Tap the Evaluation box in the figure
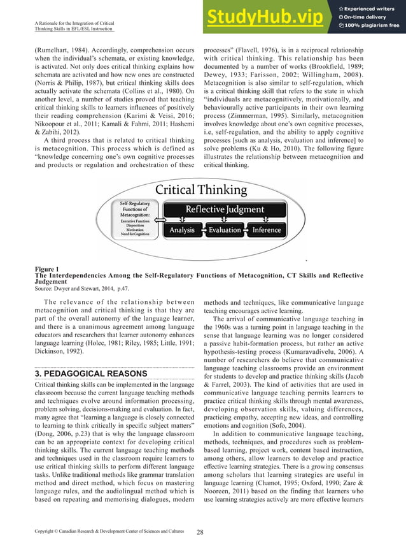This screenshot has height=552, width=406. pos(225,229)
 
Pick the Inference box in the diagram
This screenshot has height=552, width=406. pos(266,229)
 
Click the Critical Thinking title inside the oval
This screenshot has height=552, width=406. pos(202,189)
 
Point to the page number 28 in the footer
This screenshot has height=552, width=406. pos(200,531)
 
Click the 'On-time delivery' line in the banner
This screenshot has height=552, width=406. pos(368,17)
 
